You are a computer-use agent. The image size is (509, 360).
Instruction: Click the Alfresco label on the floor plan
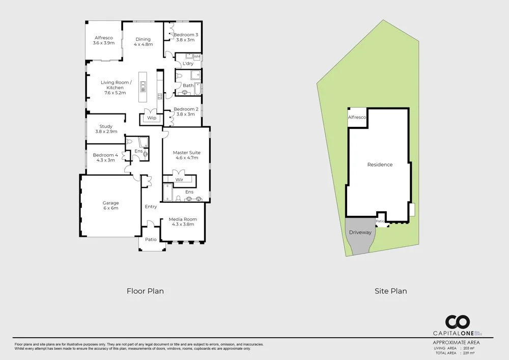coord(103,41)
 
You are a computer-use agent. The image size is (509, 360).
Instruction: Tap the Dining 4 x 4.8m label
coord(143,42)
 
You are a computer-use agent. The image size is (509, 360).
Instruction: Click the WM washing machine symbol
coord(197,57)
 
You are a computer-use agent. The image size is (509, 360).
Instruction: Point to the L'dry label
coord(188,64)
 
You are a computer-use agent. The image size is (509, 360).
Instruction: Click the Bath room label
coord(188,86)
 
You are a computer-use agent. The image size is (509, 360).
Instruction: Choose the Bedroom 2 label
coord(186,112)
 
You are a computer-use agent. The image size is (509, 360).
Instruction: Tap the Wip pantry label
coord(152,118)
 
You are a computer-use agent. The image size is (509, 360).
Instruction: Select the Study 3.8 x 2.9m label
coord(106,129)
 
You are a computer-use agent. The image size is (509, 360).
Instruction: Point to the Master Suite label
coord(186,155)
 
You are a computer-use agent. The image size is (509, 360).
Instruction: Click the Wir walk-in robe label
coord(179,180)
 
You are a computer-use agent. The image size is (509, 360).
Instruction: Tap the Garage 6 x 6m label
coord(110,205)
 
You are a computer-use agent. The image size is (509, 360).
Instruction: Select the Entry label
coord(151,207)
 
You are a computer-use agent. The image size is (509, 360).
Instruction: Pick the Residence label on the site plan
coord(380,164)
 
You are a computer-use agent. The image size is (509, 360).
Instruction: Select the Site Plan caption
coord(390,291)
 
